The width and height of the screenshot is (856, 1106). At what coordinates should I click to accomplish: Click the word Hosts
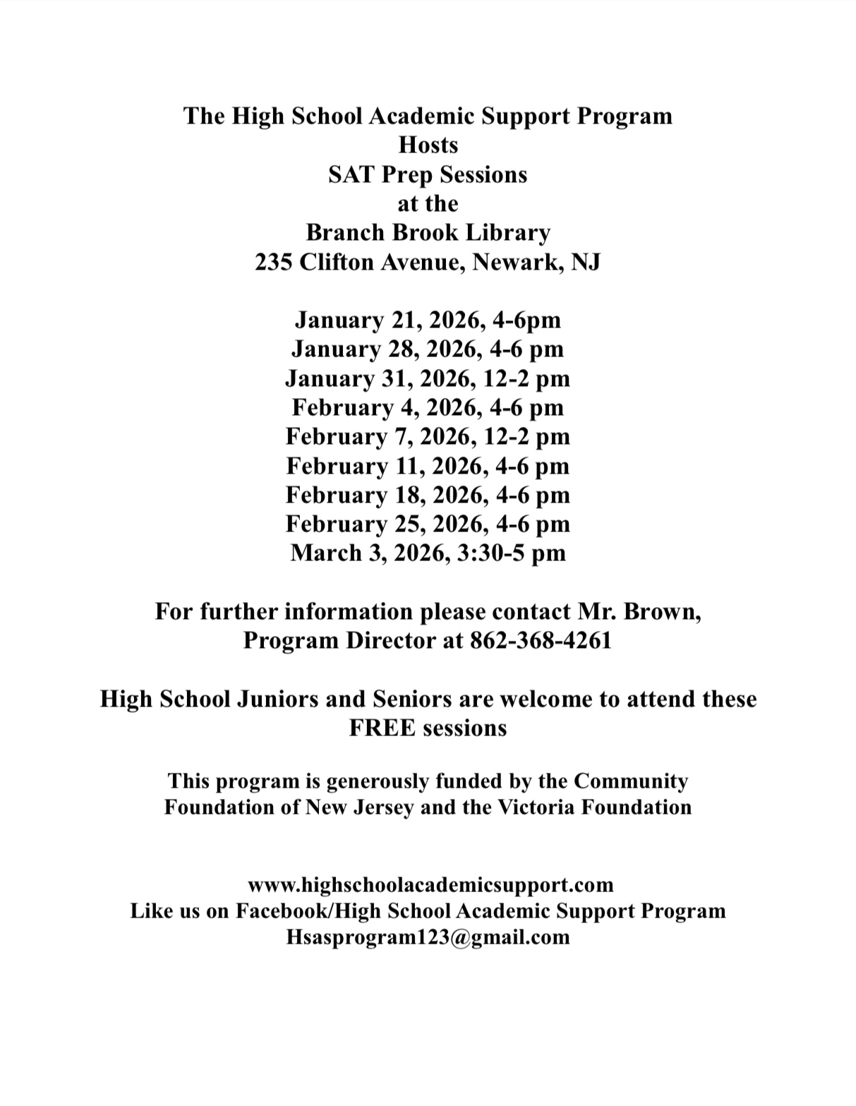pyautogui.click(x=428, y=145)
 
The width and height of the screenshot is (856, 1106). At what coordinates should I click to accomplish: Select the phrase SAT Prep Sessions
pyautogui.click(x=428, y=174)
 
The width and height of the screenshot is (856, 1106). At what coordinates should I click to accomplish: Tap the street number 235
pyautogui.click(x=273, y=262)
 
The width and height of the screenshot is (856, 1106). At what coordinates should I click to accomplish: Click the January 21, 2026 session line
pyautogui.click(x=428, y=320)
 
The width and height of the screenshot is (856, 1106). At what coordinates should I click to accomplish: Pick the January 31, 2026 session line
pyautogui.click(x=428, y=378)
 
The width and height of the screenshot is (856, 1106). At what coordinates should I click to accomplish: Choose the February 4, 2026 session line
pyautogui.click(x=428, y=407)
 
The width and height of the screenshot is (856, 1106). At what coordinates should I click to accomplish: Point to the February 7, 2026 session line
pyautogui.click(x=428, y=436)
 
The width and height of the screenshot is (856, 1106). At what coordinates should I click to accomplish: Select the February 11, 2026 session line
pyautogui.click(x=428, y=466)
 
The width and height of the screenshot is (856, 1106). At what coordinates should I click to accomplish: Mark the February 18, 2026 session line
pyautogui.click(x=428, y=495)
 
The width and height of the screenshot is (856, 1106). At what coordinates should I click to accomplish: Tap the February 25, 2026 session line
pyautogui.click(x=428, y=524)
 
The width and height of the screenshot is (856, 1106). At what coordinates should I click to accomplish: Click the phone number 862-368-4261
pyautogui.click(x=540, y=640)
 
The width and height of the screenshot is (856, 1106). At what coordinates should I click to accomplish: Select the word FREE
pyautogui.click(x=382, y=728)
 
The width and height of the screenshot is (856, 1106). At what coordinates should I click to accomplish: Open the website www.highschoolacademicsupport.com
pyautogui.click(x=430, y=884)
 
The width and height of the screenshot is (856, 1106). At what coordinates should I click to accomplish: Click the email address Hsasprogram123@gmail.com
pyautogui.click(x=428, y=937)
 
